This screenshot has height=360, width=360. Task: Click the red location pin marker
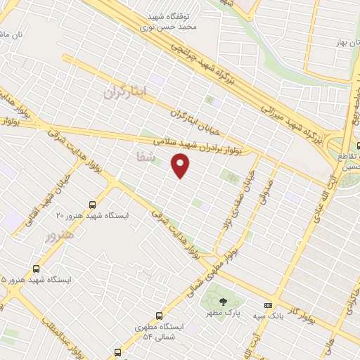click(x=181, y=166)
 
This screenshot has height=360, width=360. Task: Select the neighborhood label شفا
click(x=138, y=159)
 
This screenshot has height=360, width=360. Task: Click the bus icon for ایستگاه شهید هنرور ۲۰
click(x=92, y=205)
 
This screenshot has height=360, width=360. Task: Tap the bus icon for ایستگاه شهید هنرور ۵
click(x=36, y=269)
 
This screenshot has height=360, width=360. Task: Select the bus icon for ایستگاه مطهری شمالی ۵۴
click(x=159, y=316)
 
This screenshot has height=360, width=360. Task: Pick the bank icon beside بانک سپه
click(x=267, y=306)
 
